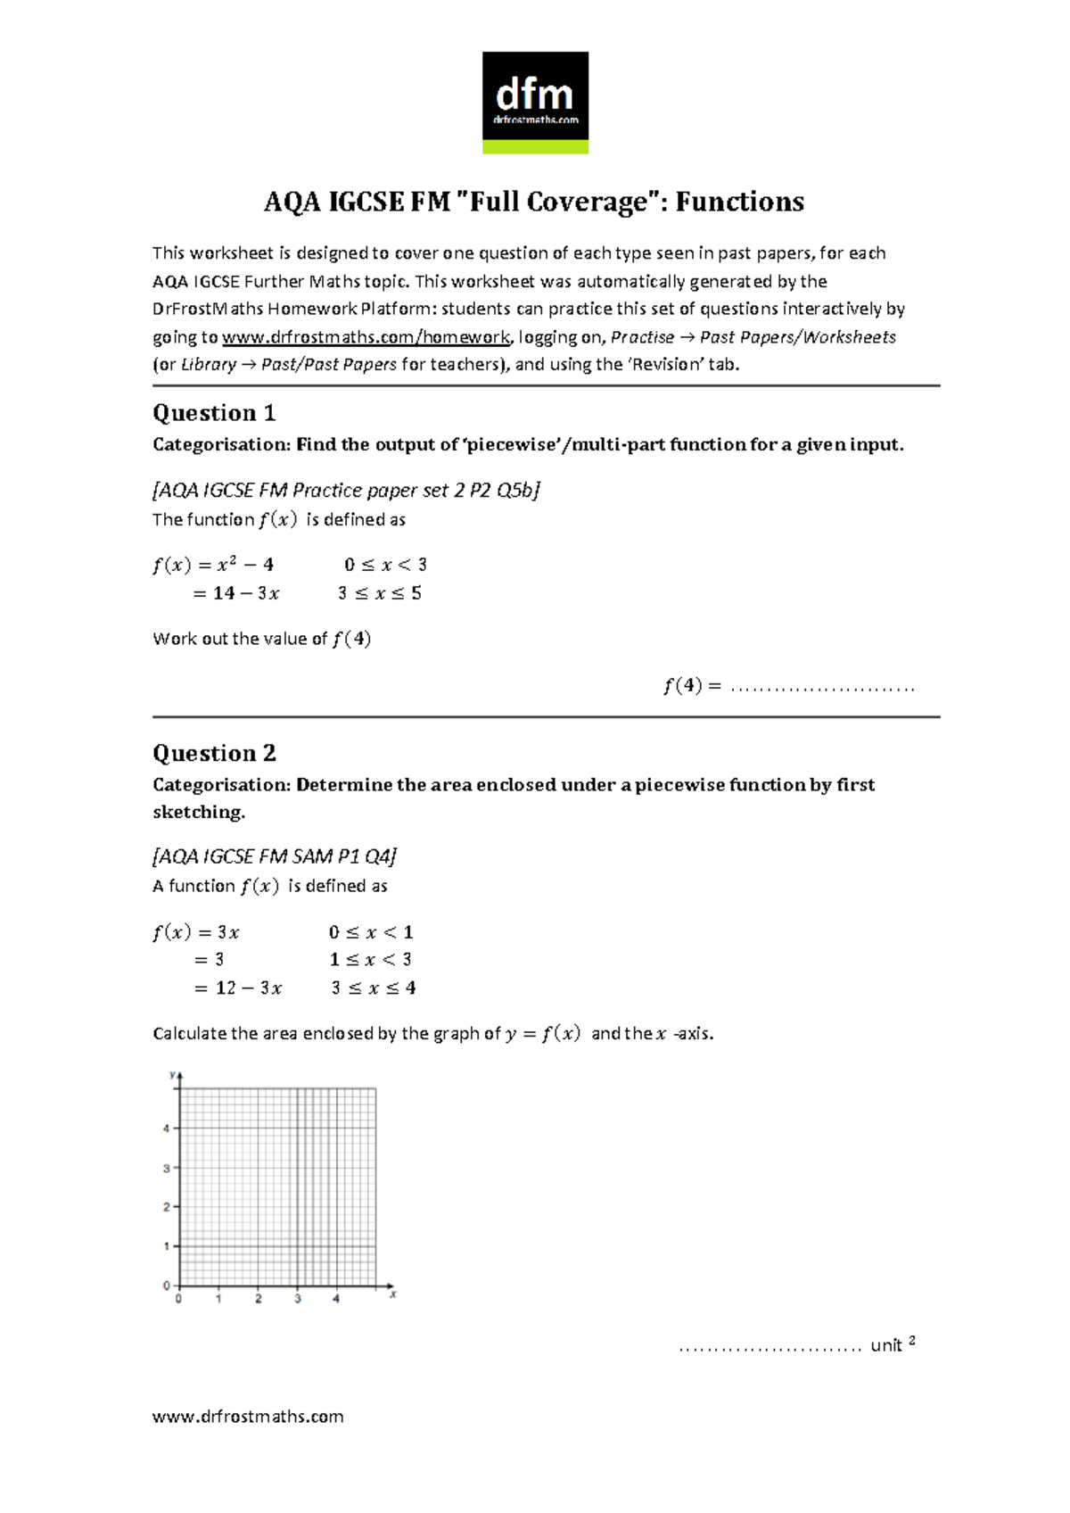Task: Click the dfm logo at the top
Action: pyautogui.click(x=535, y=102)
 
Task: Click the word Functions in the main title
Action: pyautogui.click(x=739, y=202)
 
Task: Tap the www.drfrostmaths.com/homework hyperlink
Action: pyautogui.click(x=366, y=337)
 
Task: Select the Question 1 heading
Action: pyautogui.click(x=214, y=413)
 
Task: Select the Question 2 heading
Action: pyautogui.click(x=214, y=753)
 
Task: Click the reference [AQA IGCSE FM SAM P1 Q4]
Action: pyautogui.click(x=275, y=856)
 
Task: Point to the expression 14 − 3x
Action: pyautogui.click(x=246, y=593)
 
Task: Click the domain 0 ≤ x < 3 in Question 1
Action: pyautogui.click(x=385, y=565)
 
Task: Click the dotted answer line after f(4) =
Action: pyautogui.click(x=822, y=688)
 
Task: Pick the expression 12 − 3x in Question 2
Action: pyautogui.click(x=249, y=988)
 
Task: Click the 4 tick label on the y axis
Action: pyautogui.click(x=166, y=1129)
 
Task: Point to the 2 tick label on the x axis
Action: pyautogui.click(x=259, y=1299)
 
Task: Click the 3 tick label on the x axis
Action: pyautogui.click(x=298, y=1299)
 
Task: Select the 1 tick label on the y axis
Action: pyautogui.click(x=166, y=1246)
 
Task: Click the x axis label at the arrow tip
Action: pyautogui.click(x=393, y=1294)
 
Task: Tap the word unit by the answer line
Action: pyautogui.click(x=886, y=1345)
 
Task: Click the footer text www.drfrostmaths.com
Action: pyautogui.click(x=248, y=1417)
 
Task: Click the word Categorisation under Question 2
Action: pyautogui.click(x=221, y=785)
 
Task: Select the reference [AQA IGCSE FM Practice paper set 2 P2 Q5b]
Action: pyautogui.click(x=347, y=490)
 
